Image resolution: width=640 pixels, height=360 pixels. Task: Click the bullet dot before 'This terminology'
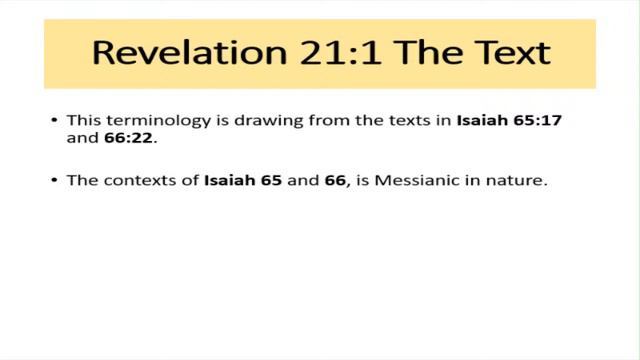[x=54, y=121]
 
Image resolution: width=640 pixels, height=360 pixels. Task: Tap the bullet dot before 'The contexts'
[x=54, y=182]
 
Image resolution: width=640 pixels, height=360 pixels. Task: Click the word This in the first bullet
[x=82, y=121]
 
